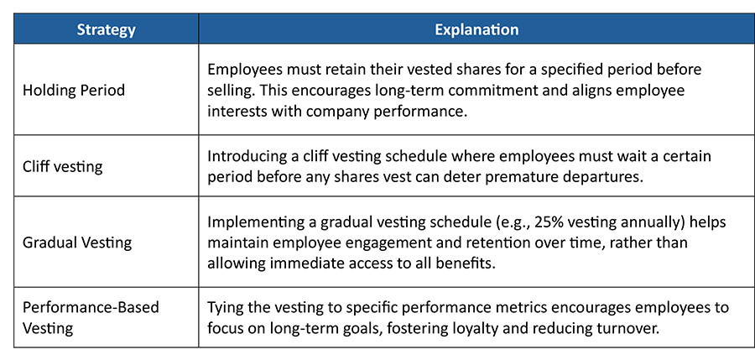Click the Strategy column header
point(106,30)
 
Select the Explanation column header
point(476,30)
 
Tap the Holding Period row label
point(74,90)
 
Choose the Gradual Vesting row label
point(77,243)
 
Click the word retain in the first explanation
point(339,70)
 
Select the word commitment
point(499,90)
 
